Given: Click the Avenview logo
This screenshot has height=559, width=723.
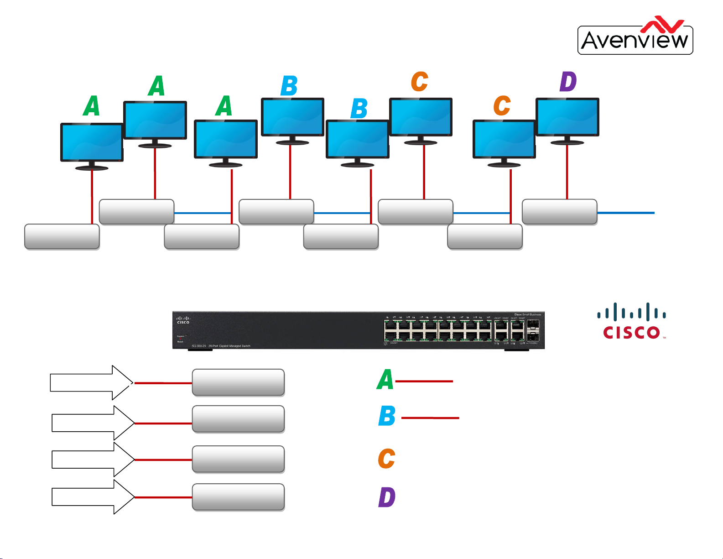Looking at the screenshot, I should click(635, 37).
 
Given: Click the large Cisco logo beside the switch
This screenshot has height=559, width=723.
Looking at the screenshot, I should click(632, 322).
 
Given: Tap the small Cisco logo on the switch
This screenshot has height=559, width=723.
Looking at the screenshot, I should click(183, 320).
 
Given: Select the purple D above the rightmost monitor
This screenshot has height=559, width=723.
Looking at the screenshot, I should click(568, 82).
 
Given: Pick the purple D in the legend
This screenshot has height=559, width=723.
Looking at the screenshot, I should click(387, 497).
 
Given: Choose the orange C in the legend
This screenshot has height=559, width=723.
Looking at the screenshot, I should click(386, 459).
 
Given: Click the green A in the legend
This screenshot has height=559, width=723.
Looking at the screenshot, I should click(385, 380).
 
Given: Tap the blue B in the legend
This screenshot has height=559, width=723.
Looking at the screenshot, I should click(387, 416).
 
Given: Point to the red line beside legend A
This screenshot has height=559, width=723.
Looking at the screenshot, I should click(424, 381).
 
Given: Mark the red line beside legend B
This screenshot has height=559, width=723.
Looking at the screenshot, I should click(430, 418).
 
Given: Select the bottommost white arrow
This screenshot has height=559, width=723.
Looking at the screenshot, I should click(93, 496).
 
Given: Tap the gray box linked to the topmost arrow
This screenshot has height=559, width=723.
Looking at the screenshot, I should click(238, 382).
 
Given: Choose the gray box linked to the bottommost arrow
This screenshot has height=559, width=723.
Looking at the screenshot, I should click(238, 497).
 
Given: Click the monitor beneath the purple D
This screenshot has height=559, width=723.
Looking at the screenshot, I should click(567, 117).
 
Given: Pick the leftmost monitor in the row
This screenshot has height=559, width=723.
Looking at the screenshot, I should click(92, 142).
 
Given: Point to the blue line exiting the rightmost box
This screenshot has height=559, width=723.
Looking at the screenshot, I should click(625, 213).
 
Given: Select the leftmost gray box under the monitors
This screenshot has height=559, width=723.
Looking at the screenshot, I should click(62, 237).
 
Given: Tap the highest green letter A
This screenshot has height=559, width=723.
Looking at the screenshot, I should click(156, 86).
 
